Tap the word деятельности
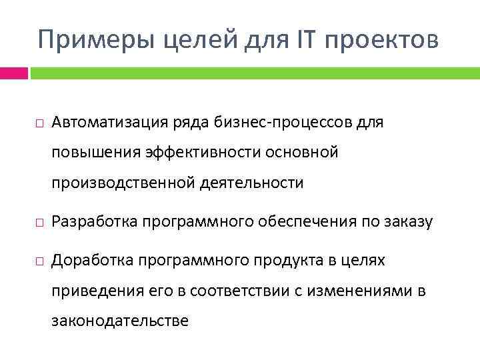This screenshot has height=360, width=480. [x=251, y=183]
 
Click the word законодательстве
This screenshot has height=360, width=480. [x=120, y=321]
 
